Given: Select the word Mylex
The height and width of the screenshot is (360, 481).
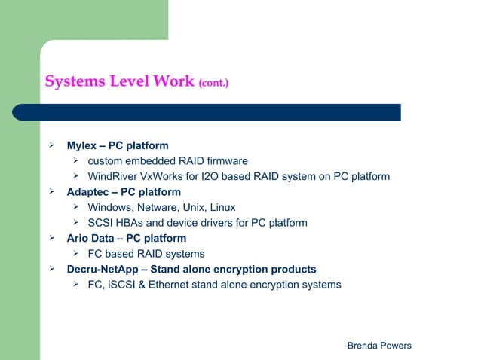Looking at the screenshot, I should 81,145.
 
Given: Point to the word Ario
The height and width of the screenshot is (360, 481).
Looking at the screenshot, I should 80,239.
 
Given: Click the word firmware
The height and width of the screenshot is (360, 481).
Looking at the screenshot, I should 225,161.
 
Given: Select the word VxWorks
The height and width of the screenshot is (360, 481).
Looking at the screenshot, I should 164,177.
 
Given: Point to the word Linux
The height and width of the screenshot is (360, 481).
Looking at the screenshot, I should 220,207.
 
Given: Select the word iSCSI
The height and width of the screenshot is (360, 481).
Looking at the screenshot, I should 121,285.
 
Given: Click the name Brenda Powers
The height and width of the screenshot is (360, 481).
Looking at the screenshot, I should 378,346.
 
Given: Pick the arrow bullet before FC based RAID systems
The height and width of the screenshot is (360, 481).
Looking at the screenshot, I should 76,254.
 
